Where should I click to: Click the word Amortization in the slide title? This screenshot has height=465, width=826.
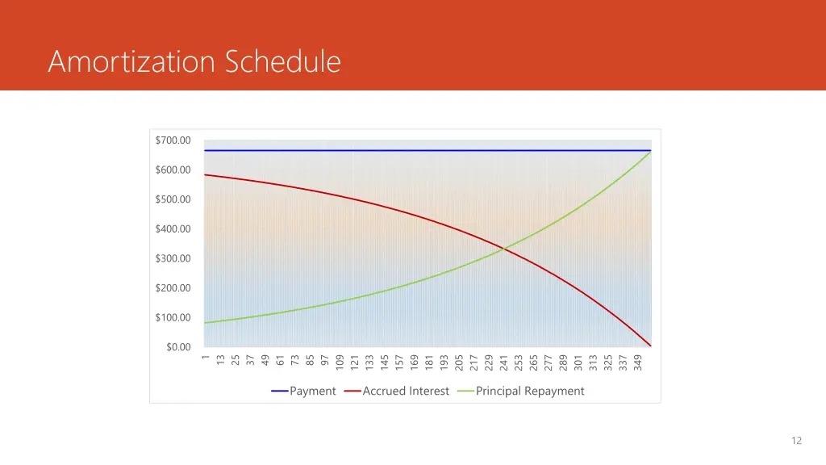pos(133,61)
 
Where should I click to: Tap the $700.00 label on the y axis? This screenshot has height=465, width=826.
pos(173,140)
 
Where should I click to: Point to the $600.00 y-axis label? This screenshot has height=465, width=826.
pos(173,170)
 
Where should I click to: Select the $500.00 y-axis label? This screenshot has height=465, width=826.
pos(173,199)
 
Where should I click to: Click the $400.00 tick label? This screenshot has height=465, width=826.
pos(173,229)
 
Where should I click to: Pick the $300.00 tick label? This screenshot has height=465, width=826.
pos(173,258)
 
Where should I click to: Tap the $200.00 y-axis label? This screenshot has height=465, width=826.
pos(173,288)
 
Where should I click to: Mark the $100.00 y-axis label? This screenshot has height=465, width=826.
pos(173,317)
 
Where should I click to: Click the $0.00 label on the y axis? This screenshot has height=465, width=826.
pos(178,347)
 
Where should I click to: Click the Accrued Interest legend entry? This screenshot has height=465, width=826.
pos(406,392)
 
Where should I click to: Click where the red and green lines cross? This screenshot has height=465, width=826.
pos(504,249)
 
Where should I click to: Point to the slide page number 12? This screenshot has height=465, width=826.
pos(796,440)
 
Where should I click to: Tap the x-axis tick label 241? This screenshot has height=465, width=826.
pos(504,363)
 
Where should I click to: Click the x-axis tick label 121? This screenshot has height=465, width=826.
pos(354,363)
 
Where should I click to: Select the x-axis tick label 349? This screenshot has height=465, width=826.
pos(638,363)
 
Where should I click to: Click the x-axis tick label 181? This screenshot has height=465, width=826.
pos(429,363)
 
